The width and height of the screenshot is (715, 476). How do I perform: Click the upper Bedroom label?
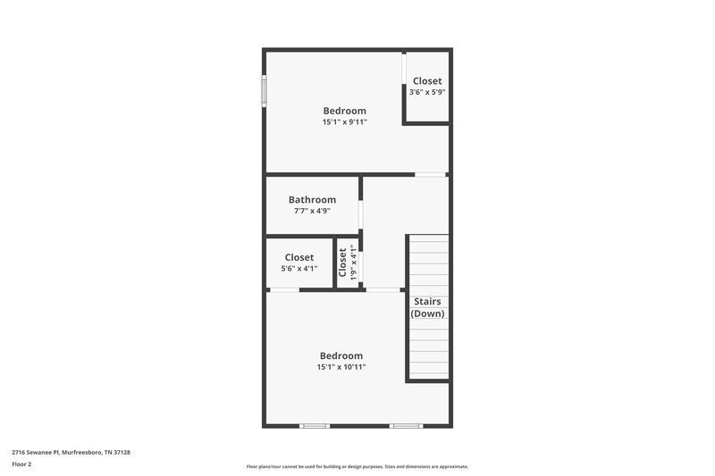344,111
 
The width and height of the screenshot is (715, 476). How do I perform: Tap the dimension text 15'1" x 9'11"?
344,122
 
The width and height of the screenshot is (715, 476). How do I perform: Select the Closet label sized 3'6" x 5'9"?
426,81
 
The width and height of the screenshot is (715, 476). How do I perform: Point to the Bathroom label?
312,200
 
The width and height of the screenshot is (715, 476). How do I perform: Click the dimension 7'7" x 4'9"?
312,212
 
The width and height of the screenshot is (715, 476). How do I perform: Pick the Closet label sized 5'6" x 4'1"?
299,257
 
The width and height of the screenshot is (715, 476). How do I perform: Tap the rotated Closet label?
342,262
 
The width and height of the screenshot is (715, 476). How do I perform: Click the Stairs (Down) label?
427,307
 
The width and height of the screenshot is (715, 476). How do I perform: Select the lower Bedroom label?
341,355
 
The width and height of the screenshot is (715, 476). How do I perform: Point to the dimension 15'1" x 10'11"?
341,367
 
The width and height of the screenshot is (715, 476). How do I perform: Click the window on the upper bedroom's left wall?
264,91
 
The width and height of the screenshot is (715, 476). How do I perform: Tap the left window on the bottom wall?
315,425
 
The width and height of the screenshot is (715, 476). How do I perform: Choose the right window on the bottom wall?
406,425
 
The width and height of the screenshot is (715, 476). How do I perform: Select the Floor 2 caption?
21,464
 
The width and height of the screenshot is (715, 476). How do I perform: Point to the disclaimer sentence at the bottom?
357,466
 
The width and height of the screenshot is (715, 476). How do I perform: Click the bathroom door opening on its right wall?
360,215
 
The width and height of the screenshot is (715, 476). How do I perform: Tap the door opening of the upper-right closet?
404,81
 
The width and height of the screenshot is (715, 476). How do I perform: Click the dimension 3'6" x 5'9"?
426,92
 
